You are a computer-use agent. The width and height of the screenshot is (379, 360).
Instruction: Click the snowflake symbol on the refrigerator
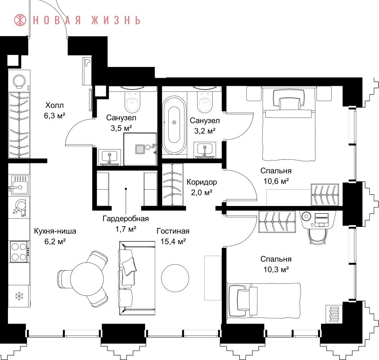19,296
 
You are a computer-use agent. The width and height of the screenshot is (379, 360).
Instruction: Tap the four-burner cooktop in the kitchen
19,252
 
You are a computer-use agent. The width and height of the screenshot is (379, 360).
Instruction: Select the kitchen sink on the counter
19,185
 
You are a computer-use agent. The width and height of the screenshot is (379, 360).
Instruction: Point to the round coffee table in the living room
175,278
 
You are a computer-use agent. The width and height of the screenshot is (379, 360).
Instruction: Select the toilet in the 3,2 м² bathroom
205,102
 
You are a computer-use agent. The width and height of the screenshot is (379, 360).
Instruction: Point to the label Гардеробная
126,219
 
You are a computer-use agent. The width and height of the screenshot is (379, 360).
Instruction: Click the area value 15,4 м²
173,241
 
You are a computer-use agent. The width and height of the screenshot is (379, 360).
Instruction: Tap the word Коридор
202,182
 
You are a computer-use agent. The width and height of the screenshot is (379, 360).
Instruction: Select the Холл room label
54,105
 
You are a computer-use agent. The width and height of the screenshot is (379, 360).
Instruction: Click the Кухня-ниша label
55,231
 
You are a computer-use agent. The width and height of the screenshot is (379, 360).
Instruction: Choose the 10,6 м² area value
276,181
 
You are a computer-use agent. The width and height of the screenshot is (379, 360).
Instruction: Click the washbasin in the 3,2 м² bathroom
205,150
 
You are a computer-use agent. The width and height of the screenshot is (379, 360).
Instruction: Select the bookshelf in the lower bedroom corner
334,314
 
